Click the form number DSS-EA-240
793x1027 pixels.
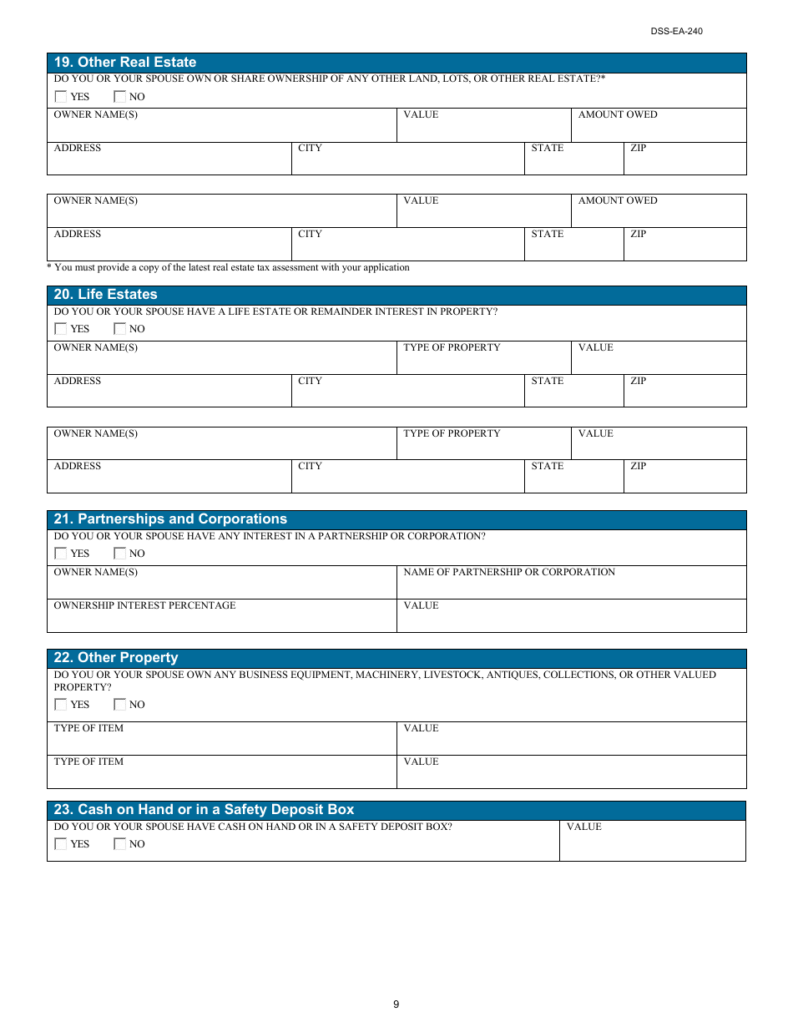[x=676, y=31]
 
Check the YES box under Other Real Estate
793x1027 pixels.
[x=61, y=97]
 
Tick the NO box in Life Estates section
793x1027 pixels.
[x=120, y=329]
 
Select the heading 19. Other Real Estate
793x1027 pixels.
[x=125, y=63]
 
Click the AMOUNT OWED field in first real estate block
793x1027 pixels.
[x=659, y=127]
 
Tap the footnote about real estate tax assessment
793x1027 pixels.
[x=228, y=268]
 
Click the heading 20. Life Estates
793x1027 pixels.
[x=105, y=295]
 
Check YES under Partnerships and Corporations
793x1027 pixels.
[x=61, y=554]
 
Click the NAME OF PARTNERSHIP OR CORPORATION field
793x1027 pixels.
[x=570, y=584]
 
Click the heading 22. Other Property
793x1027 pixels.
[x=116, y=658]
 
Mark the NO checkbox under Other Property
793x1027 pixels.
[x=120, y=705]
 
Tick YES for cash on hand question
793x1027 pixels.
[x=61, y=844]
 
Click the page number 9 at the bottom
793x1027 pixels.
[x=396, y=1004]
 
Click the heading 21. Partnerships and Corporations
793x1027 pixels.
[x=170, y=519]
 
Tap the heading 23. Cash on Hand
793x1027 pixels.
[x=204, y=810]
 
